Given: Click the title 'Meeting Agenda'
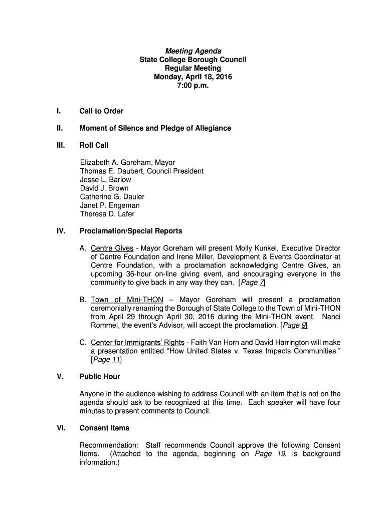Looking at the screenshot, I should (193, 51).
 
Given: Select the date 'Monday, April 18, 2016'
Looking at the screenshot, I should (193, 77).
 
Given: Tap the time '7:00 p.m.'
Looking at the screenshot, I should (193, 85).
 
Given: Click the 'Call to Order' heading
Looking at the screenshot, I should (101, 111).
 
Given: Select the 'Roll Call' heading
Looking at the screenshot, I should (94, 145).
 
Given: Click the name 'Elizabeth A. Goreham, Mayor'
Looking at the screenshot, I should (127, 162).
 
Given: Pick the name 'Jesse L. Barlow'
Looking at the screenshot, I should (105, 179).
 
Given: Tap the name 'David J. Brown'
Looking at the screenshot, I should (104, 188).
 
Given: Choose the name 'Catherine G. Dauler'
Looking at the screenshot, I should (112, 197).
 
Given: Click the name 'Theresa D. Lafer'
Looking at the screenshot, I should (107, 214).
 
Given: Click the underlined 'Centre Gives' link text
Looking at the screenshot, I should (112, 248).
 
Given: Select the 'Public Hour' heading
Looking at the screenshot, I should (100, 377).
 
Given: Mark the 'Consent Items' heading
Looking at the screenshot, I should (104, 428).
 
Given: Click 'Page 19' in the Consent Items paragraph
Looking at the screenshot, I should (271, 454).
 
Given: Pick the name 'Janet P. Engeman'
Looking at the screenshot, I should (110, 205).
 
